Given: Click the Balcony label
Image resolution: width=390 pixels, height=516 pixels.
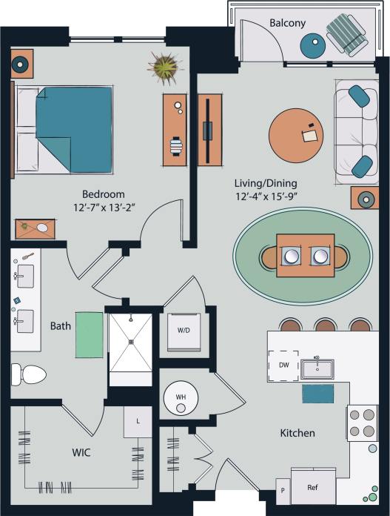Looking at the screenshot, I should point(287,23).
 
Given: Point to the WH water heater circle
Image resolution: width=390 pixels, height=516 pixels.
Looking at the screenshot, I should point(180,397).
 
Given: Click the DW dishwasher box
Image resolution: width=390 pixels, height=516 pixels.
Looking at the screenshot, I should point(283,365).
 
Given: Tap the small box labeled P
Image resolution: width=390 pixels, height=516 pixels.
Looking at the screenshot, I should point(282,491).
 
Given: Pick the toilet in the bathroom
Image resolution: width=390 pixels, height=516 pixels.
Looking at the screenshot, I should point(27,374).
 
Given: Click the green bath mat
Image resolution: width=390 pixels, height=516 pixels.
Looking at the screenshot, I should point(88,336).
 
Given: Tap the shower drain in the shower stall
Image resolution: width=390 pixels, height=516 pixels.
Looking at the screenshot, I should point(130,342).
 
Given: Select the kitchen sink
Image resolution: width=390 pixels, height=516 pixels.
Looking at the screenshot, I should point(317,368).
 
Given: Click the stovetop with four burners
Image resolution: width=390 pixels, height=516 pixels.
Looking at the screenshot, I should point(363,423).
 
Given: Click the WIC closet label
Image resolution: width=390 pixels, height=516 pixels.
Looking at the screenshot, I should point(81,452).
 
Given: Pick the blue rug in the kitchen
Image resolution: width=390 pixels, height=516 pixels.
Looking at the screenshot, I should point(317,394).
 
